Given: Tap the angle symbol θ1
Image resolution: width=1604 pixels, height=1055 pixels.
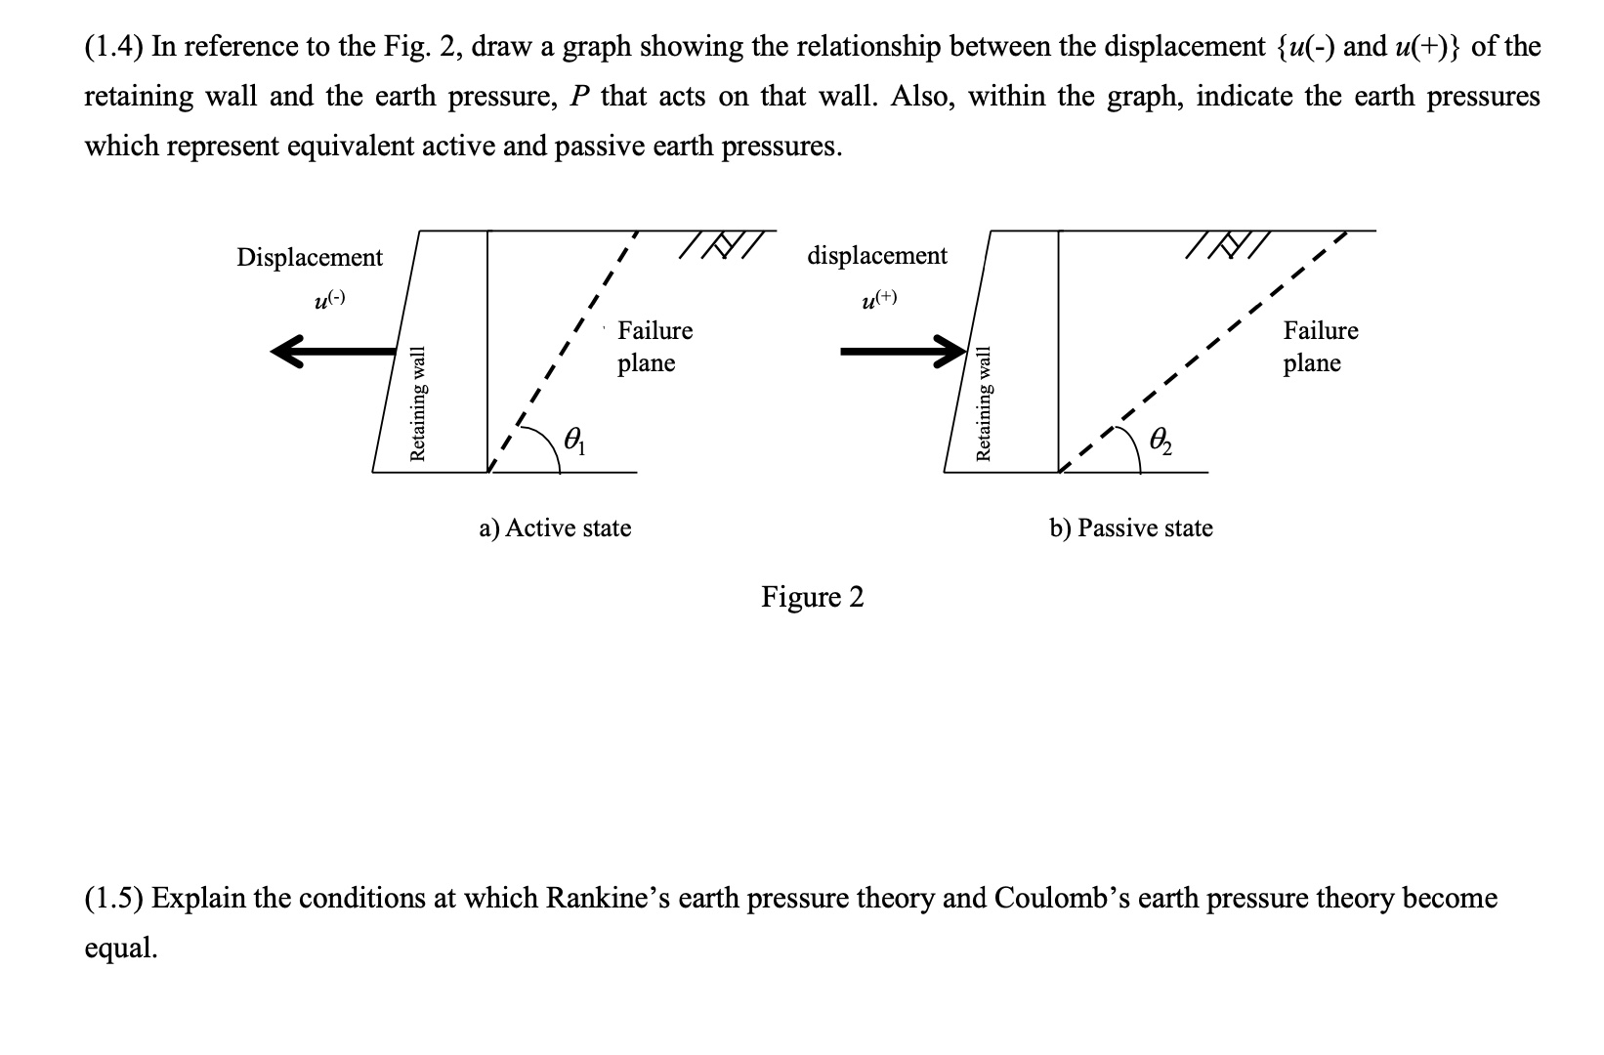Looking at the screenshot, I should [576, 442].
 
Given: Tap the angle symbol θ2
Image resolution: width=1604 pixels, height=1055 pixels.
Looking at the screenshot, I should [1161, 442].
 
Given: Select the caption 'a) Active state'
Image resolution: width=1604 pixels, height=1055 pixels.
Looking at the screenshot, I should [555, 528].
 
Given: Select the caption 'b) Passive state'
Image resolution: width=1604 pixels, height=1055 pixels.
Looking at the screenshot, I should [1131, 528].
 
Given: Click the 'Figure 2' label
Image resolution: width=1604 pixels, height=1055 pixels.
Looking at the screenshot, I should [813, 597].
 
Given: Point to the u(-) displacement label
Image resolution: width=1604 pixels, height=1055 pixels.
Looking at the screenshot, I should [328, 301].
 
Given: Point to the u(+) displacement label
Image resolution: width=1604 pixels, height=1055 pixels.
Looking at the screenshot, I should [878, 300].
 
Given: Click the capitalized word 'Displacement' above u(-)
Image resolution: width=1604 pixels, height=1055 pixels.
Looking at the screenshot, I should [310, 258].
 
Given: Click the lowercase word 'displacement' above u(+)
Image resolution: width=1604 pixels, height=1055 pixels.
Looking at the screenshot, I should [877, 256].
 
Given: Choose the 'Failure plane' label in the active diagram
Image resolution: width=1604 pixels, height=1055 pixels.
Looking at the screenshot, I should [654, 347].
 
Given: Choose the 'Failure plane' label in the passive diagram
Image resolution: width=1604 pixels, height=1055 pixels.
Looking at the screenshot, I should [1320, 347].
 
